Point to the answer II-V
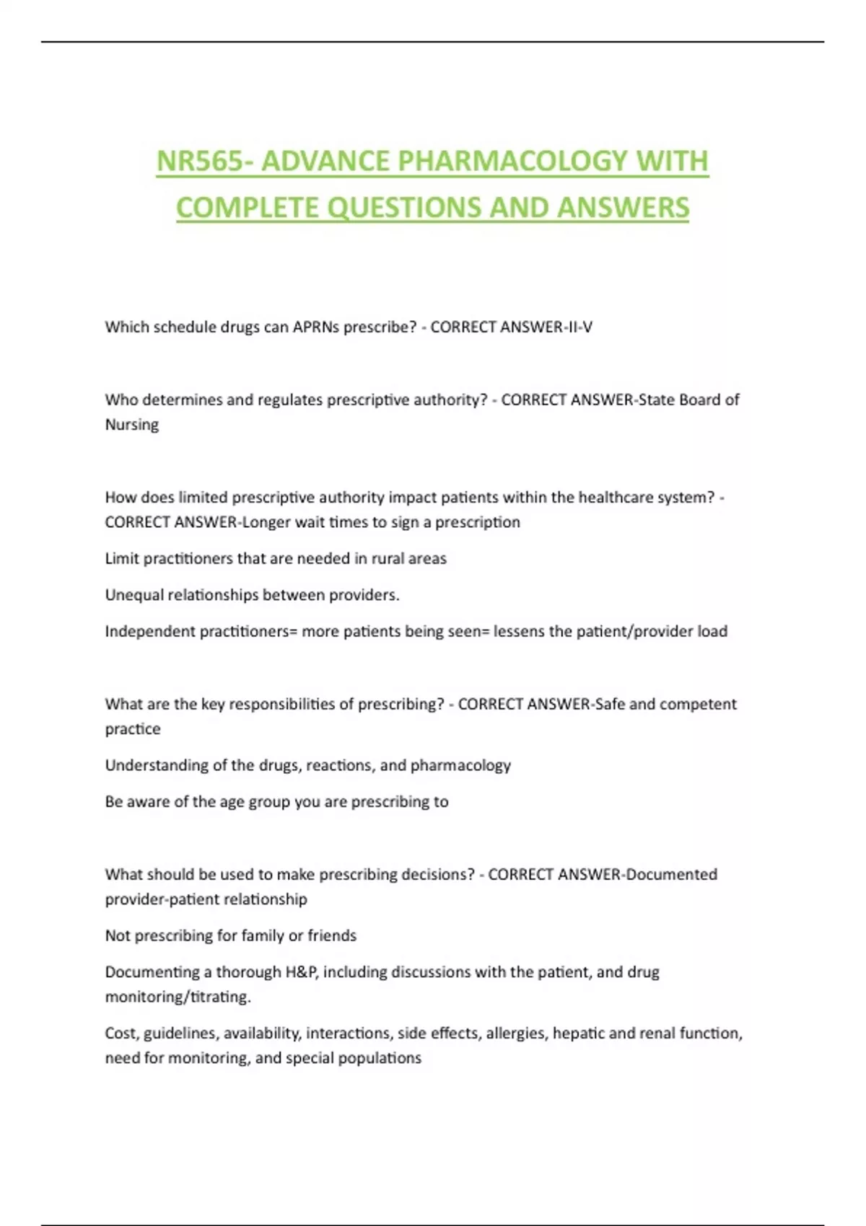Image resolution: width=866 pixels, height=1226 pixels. pos(578,327)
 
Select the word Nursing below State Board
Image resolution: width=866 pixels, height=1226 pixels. pos(132,425)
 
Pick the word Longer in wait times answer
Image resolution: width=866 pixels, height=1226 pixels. pos(266,522)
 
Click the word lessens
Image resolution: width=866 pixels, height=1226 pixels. pos(519,632)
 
